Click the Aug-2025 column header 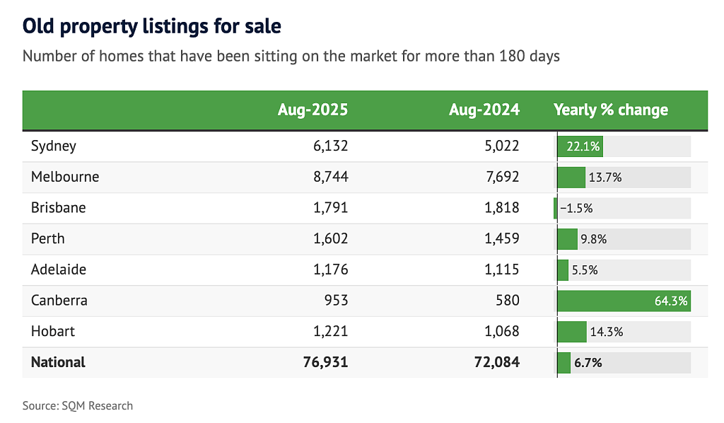313,110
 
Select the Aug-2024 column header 484,110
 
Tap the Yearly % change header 611,110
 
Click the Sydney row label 54,146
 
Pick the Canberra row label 59,300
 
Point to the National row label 58,362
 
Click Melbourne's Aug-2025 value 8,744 331,177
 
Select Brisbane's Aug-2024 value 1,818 502,208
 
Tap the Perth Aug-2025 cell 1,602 331,239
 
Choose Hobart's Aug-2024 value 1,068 502,331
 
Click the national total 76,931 325,362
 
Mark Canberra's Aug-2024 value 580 508,300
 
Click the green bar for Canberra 624,301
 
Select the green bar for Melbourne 571,178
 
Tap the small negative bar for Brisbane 556,209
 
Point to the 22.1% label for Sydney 583,146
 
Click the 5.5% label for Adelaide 585,270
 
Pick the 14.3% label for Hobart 606,332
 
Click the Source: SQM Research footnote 78,406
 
